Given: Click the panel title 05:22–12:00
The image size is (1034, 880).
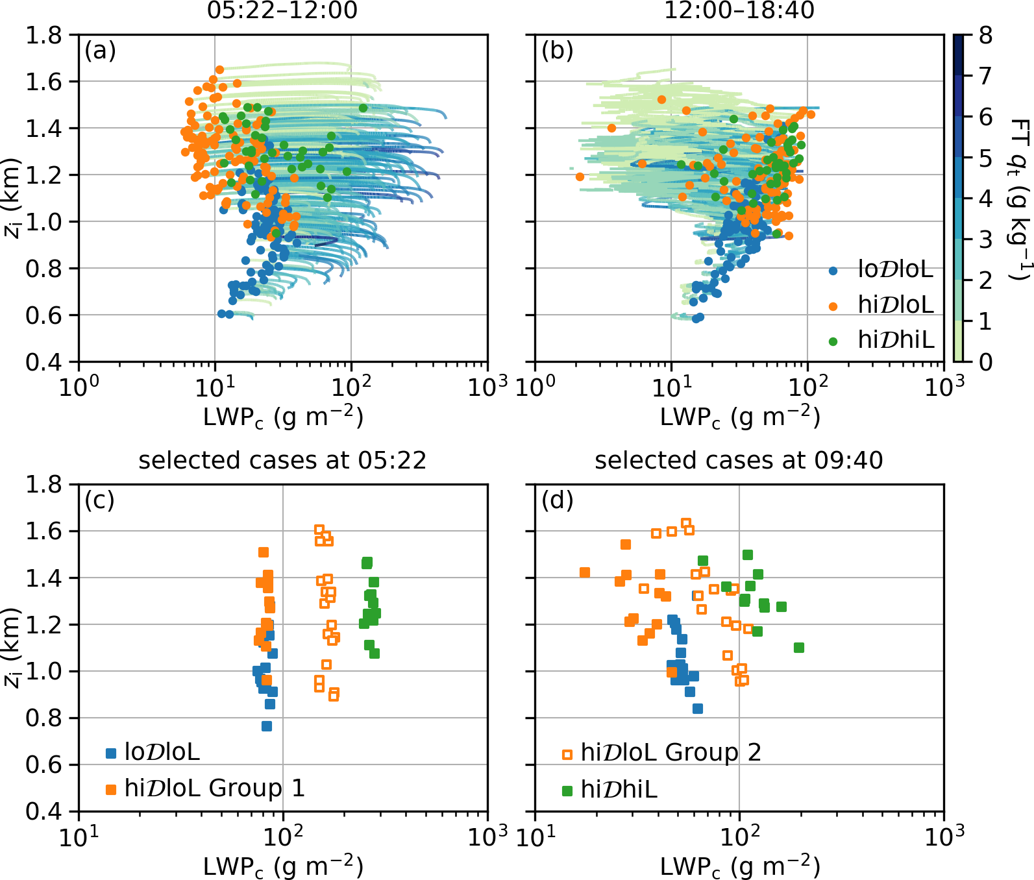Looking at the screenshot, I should pyautogui.click(x=282, y=10).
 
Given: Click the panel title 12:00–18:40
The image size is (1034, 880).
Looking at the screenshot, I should pyautogui.click(x=739, y=10).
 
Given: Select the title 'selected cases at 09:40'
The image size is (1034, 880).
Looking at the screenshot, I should pyautogui.click(x=739, y=460).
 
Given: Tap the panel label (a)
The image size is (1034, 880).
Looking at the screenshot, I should pyautogui.click(x=100, y=50).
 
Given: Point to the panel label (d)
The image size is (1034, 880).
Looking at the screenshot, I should pyautogui.click(x=557, y=500).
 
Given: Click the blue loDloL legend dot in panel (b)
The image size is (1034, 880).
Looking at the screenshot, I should pyautogui.click(x=833, y=271).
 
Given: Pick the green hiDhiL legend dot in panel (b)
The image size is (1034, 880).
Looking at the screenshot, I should pyautogui.click(x=833, y=341).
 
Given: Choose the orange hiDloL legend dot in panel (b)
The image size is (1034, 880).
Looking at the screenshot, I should pyautogui.click(x=833, y=306).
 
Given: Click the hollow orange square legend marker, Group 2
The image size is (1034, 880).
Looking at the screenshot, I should pyautogui.click(x=567, y=754).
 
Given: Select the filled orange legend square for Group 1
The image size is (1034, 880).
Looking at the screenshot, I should pyautogui.click(x=111, y=789).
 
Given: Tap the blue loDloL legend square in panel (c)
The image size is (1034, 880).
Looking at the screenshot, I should pyautogui.click(x=111, y=753).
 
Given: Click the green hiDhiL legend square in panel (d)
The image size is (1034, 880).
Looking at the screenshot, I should pyautogui.click(x=567, y=790).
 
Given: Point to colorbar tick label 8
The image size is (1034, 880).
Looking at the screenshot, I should pyautogui.click(x=985, y=36).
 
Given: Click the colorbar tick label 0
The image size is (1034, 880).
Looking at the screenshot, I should pyautogui.click(x=985, y=362).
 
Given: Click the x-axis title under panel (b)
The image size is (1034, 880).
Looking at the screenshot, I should pyautogui.click(x=739, y=417).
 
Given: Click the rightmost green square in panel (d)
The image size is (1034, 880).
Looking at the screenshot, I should pyautogui.click(x=799, y=648).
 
